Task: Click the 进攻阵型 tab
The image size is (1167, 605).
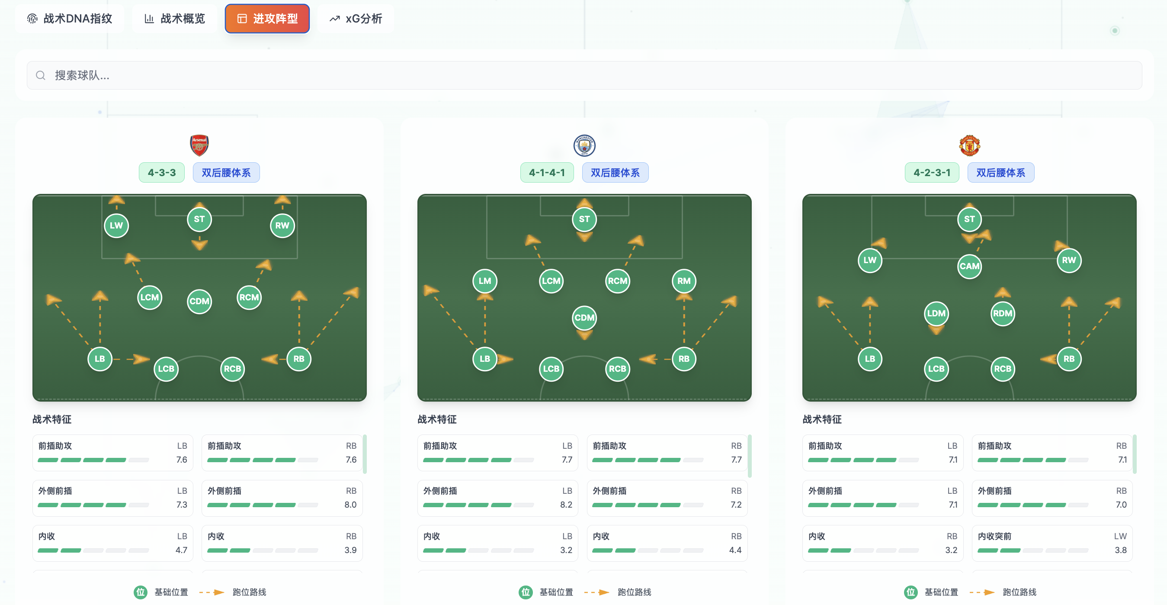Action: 267,19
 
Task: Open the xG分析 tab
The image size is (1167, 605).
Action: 356,19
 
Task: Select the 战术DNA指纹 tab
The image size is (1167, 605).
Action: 70,19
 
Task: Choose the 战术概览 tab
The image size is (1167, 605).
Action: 174,19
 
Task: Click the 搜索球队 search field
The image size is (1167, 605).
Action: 584,75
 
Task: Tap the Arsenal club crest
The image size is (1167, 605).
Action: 199,145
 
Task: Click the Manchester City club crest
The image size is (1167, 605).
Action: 584,145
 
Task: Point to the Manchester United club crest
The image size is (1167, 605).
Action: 969,145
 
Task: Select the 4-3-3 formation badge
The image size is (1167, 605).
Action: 162,173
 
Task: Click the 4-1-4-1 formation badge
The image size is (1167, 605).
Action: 547,173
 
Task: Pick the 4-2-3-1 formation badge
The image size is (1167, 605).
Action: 932,173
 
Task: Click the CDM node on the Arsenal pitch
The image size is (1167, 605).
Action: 199,301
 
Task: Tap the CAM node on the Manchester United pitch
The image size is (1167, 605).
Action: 969,267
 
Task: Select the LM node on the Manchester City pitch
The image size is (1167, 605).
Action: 485,281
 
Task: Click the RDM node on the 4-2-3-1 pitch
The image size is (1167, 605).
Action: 1003,314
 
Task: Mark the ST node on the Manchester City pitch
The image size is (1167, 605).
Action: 584,219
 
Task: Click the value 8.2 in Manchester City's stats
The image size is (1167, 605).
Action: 566,505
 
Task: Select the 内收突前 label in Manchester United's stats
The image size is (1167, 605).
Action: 994,537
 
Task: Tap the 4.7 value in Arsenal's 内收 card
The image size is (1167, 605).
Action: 181,550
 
